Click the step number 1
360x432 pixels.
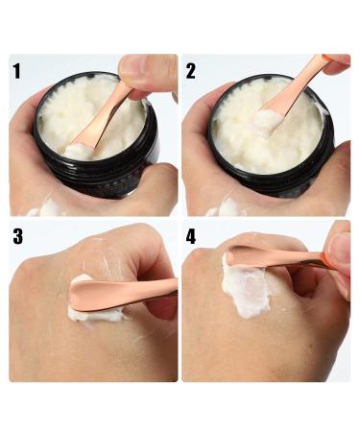coord(16,71)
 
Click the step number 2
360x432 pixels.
coord(191,71)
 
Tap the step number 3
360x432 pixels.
coord(18,236)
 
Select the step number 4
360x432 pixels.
coord(191,236)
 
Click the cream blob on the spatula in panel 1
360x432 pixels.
coord(79,151)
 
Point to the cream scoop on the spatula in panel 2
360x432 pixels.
coord(267,120)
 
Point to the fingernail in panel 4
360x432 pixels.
coord(340,248)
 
